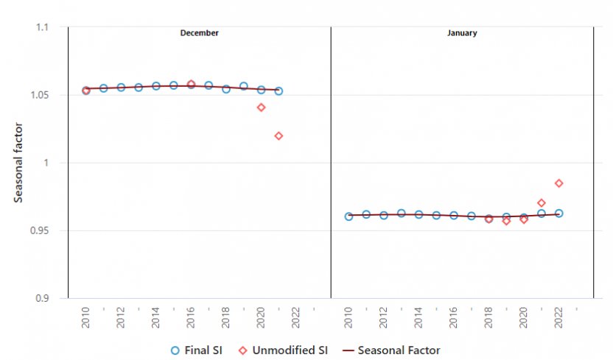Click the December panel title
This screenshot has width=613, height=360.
pyautogui.click(x=199, y=33)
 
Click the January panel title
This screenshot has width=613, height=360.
pyautogui.click(x=462, y=33)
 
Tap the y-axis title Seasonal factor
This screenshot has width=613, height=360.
pyautogui.click(x=18, y=163)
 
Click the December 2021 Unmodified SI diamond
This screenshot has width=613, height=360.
pyautogui.click(x=279, y=136)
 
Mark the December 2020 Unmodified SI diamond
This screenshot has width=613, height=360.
pyautogui.click(x=261, y=107)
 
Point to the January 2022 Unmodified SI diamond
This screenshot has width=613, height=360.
pyautogui.click(x=558, y=183)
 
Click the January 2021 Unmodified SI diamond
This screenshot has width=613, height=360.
pyautogui.click(x=542, y=203)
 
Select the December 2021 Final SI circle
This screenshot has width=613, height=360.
pyautogui.click(x=279, y=91)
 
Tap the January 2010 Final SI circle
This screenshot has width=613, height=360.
pyautogui.click(x=348, y=216)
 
